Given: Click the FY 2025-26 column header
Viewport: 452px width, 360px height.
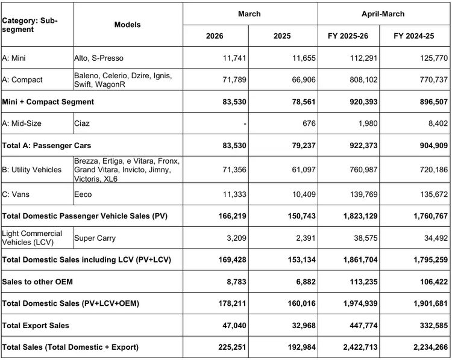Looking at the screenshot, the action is tap(348, 36).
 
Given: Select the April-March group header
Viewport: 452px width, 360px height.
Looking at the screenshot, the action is tap(383, 14).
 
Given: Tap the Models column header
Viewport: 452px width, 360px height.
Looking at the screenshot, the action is tap(127, 25).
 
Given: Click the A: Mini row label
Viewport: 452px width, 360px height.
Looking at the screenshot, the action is tap(14, 58).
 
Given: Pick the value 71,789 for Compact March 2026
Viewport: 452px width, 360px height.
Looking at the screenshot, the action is tap(234, 79).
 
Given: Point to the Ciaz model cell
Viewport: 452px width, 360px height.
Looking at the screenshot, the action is tap(82, 123).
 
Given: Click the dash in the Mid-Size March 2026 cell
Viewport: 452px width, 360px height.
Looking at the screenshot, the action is tap(245, 124).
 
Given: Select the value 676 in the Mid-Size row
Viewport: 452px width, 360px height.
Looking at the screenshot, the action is tap(309, 123).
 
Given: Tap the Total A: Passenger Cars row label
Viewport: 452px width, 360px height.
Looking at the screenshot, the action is tap(46, 146).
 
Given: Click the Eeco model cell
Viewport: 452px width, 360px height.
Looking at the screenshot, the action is tap(83, 194).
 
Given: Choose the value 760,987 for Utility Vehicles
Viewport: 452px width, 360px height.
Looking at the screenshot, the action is tap(363, 170).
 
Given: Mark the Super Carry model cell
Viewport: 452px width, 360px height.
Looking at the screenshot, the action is tap(95, 238).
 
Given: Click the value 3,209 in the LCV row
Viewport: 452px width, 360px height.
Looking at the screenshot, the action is tap(236, 238).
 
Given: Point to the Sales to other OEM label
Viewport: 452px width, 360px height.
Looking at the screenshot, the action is tap(37, 282).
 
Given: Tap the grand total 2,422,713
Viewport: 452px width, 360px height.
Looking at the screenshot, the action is tap(360, 347).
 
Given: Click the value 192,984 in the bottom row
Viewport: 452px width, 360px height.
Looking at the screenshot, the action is tap(302, 347).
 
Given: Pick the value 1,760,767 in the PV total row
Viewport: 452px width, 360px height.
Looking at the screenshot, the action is tap(431, 216).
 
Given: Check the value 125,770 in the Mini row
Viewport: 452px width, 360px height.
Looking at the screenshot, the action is tap(434, 58).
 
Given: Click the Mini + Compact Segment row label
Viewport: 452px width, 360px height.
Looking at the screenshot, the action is tap(48, 102).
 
